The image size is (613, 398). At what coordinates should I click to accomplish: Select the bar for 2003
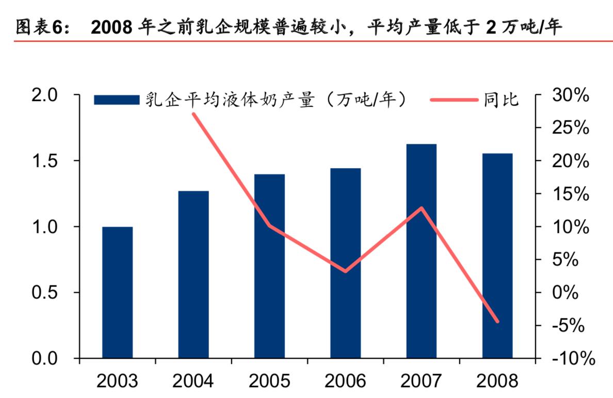pyautogui.click(x=117, y=292)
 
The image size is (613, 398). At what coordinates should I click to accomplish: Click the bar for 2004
pyautogui.click(x=193, y=274)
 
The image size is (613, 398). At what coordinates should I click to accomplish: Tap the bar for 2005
pyautogui.click(x=269, y=266)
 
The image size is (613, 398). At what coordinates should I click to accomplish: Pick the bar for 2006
pyautogui.click(x=345, y=263)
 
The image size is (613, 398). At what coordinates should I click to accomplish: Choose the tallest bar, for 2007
pyautogui.click(x=422, y=251)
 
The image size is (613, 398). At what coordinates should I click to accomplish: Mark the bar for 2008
pyautogui.click(x=497, y=256)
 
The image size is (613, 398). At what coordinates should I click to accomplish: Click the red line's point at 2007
pyautogui.click(x=422, y=208)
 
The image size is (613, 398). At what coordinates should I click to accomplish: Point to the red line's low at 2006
pyautogui.click(x=345, y=271)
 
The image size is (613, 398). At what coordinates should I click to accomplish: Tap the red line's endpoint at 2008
pyautogui.click(x=497, y=321)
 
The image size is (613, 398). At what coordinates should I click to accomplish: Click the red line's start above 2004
pyautogui.click(x=193, y=113)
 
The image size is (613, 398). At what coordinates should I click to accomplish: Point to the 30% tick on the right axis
pyautogui.click(x=569, y=95)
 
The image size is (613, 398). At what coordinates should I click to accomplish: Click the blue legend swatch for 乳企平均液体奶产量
pyautogui.click(x=117, y=100)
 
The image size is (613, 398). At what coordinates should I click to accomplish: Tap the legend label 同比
pyautogui.click(x=502, y=100)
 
